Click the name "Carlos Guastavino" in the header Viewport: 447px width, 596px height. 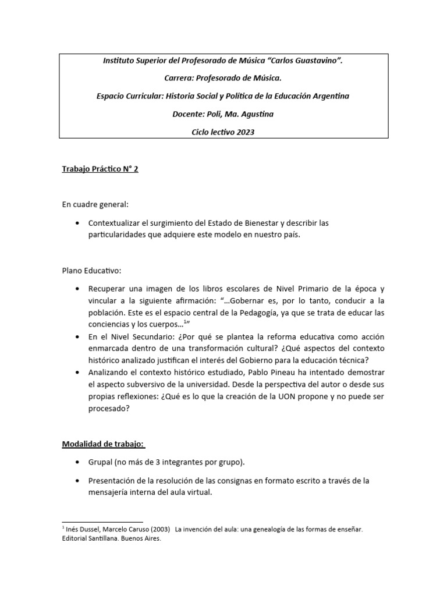point(302,60)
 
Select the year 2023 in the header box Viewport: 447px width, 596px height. point(244,132)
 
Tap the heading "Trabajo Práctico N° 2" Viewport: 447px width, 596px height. point(100,169)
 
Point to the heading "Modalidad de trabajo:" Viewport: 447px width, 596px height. point(104,445)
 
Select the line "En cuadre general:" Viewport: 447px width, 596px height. point(95,205)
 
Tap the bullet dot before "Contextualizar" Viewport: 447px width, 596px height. point(78,223)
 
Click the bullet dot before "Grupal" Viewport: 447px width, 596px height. point(78,462)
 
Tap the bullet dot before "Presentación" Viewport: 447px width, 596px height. point(78,481)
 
